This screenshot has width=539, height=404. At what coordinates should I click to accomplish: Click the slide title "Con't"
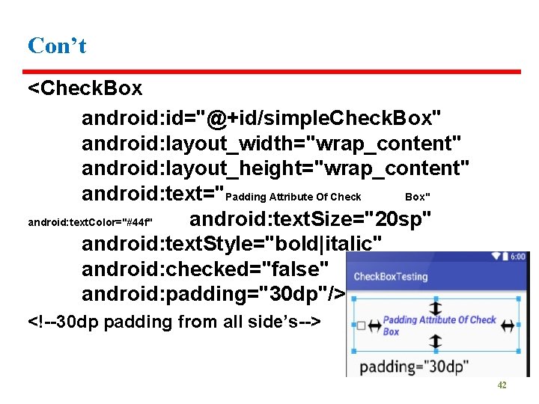pos(57,46)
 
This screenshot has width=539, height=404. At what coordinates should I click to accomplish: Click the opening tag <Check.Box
pos(85,88)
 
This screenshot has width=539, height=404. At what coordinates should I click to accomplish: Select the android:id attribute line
pos(261,118)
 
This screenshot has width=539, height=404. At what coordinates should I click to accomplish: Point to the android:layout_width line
pos(271,142)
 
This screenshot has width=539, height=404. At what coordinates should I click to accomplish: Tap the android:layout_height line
pos(275,167)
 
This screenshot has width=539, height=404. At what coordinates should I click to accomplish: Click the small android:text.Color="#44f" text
pos(91,222)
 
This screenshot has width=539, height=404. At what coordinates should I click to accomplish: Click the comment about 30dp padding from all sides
pos(174,322)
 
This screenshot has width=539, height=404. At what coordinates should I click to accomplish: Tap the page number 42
pos(502,385)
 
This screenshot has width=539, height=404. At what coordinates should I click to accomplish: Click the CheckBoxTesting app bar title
pos(390,277)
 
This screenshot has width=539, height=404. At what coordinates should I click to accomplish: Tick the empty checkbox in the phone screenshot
pos(362,326)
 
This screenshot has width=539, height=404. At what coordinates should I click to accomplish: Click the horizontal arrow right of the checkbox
pos(374,326)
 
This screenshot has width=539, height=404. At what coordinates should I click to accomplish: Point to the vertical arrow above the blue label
pos(435,308)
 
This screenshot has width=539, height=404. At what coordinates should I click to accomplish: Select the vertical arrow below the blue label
pos(435,343)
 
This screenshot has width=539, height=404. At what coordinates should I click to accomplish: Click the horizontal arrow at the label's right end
pos(508,325)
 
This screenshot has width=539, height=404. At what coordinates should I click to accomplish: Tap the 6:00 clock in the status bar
pos(517,257)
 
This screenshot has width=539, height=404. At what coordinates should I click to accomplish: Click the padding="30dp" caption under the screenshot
pos(414,367)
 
